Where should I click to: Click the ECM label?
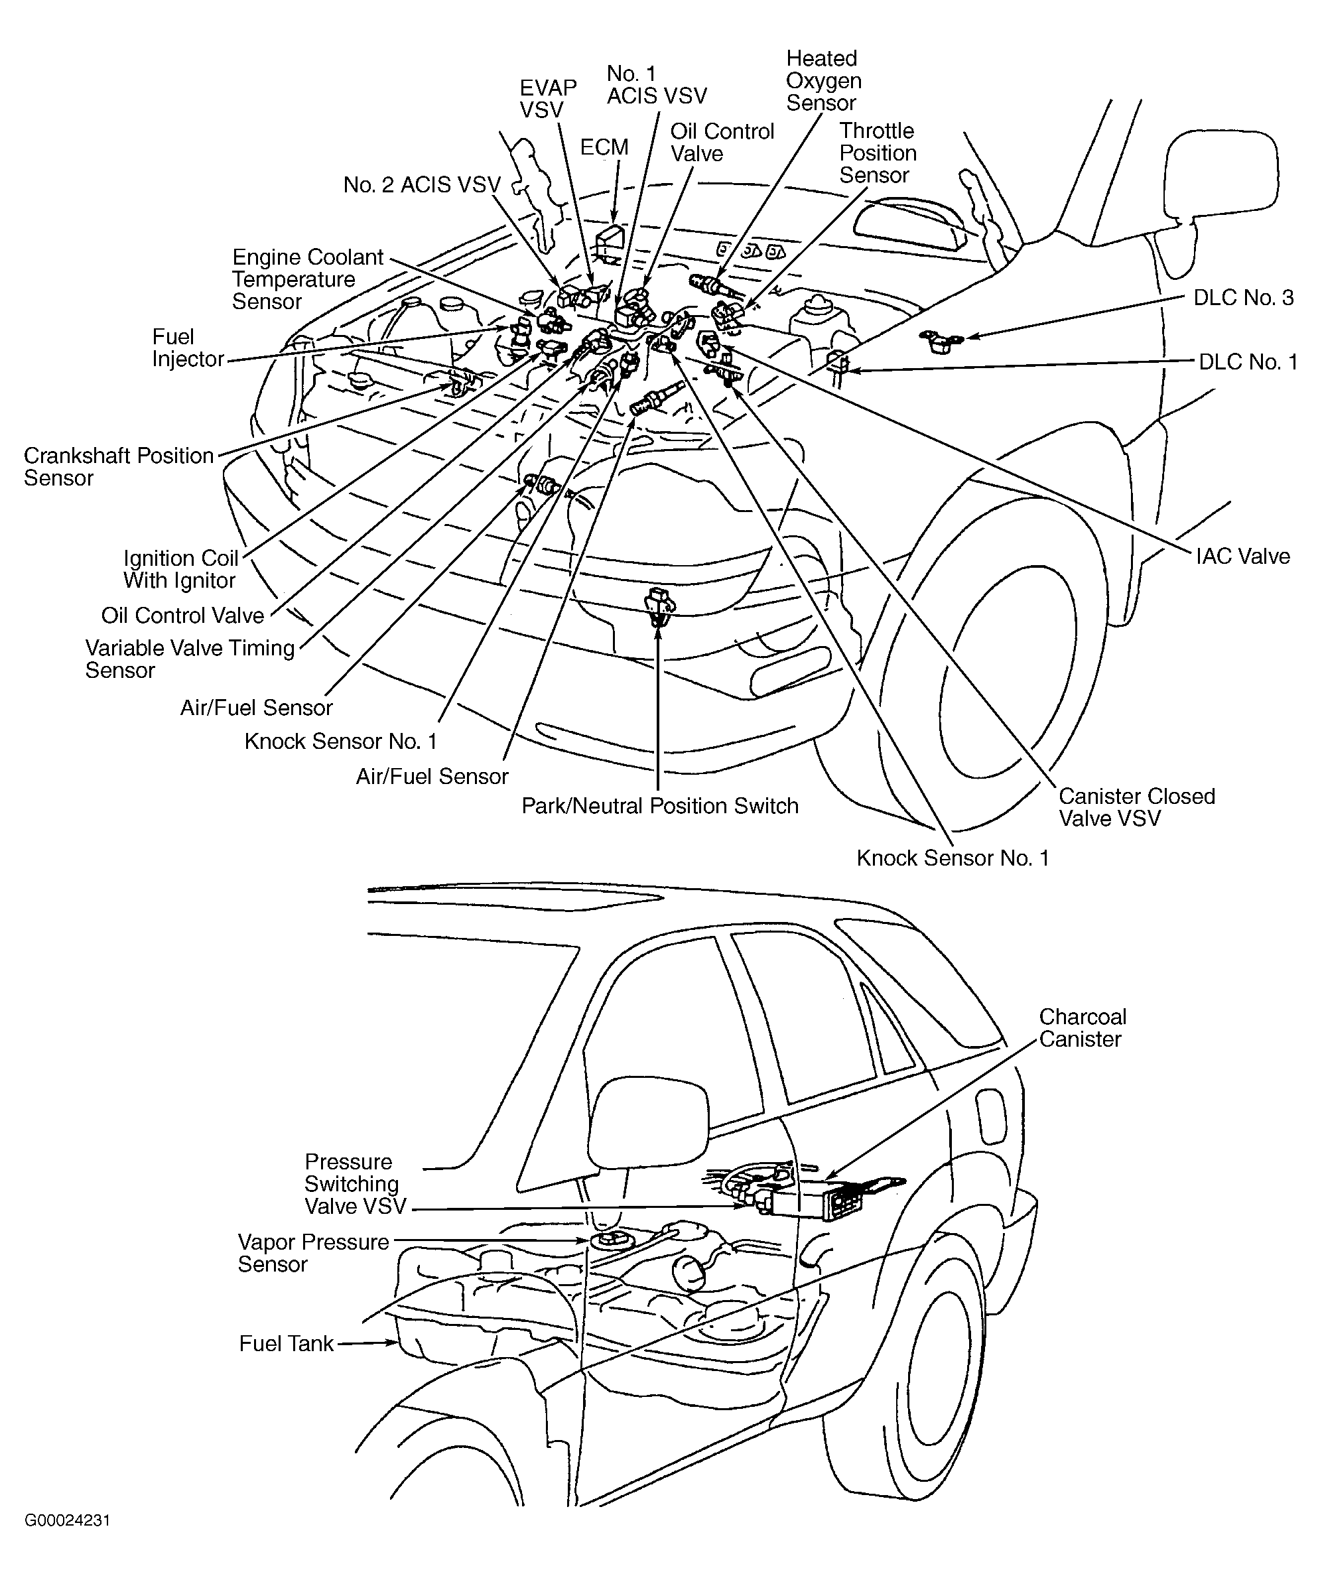click(x=604, y=147)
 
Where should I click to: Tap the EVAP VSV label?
click(x=548, y=98)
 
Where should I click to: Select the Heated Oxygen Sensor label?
click(x=823, y=80)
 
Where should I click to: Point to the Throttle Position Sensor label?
click(x=878, y=153)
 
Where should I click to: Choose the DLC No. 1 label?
click(x=1247, y=362)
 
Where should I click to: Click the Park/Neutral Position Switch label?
click(x=659, y=806)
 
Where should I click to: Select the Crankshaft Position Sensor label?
click(x=119, y=467)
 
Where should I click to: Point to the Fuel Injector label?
click(x=188, y=348)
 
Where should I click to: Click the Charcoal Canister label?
click(x=1082, y=1028)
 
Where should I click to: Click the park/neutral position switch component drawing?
click(x=659, y=604)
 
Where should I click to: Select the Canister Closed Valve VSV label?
click(x=1136, y=807)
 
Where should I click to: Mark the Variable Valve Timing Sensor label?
click(x=189, y=659)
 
